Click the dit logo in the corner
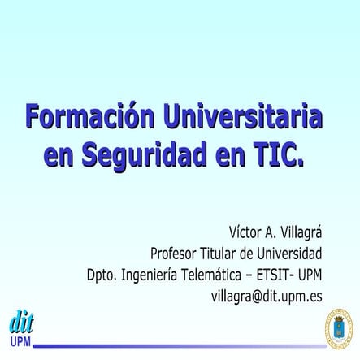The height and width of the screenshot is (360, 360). coord(20,321)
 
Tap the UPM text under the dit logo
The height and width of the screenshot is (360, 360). coord(20,340)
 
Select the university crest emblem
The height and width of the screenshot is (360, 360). coord(339,329)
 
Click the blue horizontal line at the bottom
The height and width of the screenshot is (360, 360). coord(179,345)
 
